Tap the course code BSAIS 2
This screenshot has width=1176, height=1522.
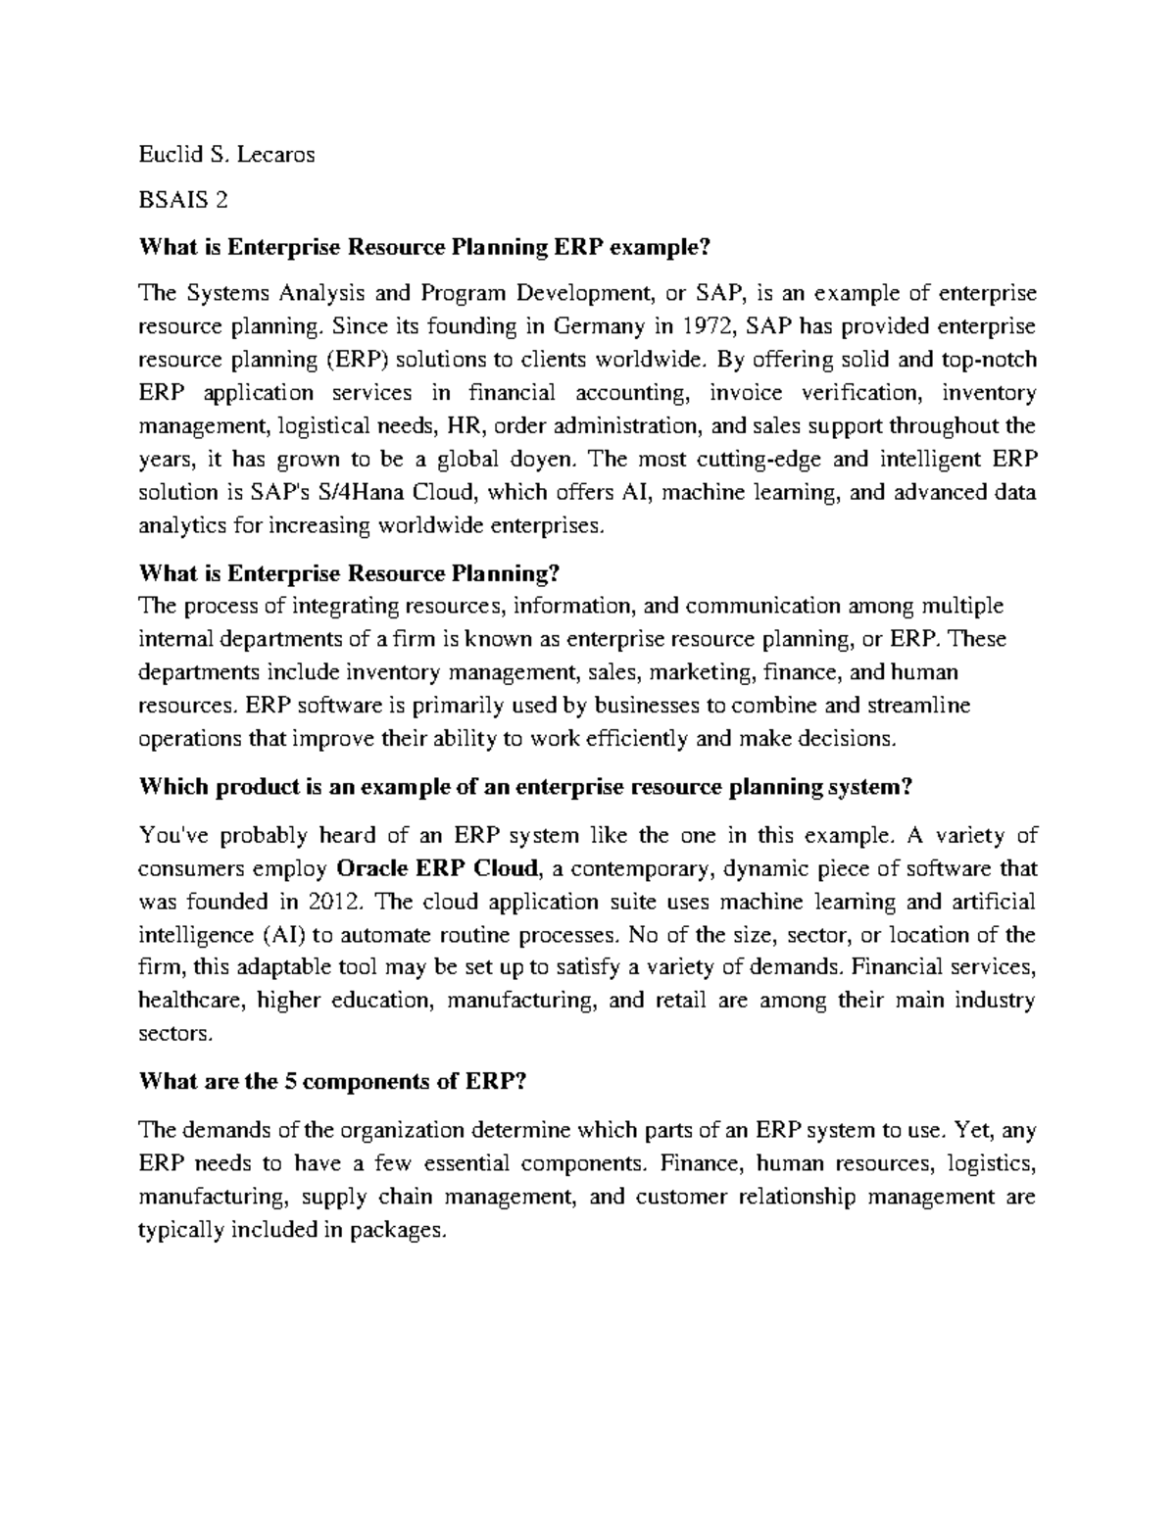pyautogui.click(x=183, y=201)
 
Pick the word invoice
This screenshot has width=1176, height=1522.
pyautogui.click(x=749, y=393)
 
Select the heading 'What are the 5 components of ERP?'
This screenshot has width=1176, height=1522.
pyautogui.click(x=334, y=1082)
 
